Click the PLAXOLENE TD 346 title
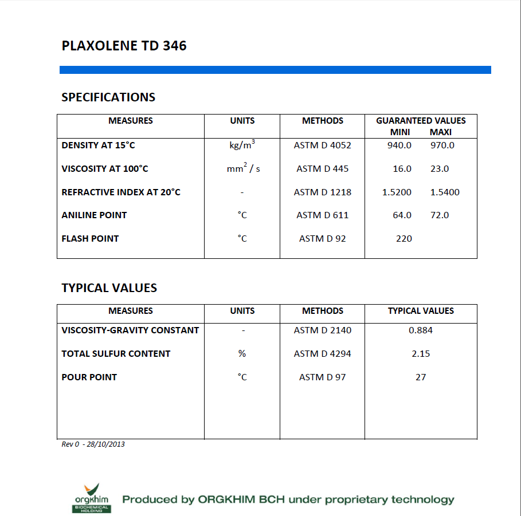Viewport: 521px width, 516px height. point(124,46)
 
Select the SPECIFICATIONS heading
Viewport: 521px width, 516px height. point(108,97)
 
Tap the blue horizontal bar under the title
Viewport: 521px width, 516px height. point(275,70)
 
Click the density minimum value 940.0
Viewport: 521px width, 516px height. point(399,145)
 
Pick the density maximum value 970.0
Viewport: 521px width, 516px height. point(442,145)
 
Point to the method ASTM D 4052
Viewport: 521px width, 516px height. point(322,145)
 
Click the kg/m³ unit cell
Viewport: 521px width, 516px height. point(242,145)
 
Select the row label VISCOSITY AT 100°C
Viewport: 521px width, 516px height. point(104,169)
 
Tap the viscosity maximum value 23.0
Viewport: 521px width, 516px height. point(440,169)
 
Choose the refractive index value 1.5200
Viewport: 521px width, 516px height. point(397,192)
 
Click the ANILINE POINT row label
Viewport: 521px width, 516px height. point(94,215)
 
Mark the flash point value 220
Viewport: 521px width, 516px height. point(404,239)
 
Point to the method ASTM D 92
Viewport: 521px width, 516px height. point(322,239)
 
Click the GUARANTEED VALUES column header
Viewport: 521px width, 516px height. point(421,121)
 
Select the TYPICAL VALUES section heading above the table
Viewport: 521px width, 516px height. point(109,288)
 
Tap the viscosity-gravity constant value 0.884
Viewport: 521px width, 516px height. point(421,330)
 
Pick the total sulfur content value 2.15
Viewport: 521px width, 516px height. point(421,354)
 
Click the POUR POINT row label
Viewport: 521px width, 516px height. point(89,377)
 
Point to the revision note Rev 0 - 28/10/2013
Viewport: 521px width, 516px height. point(93,444)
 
